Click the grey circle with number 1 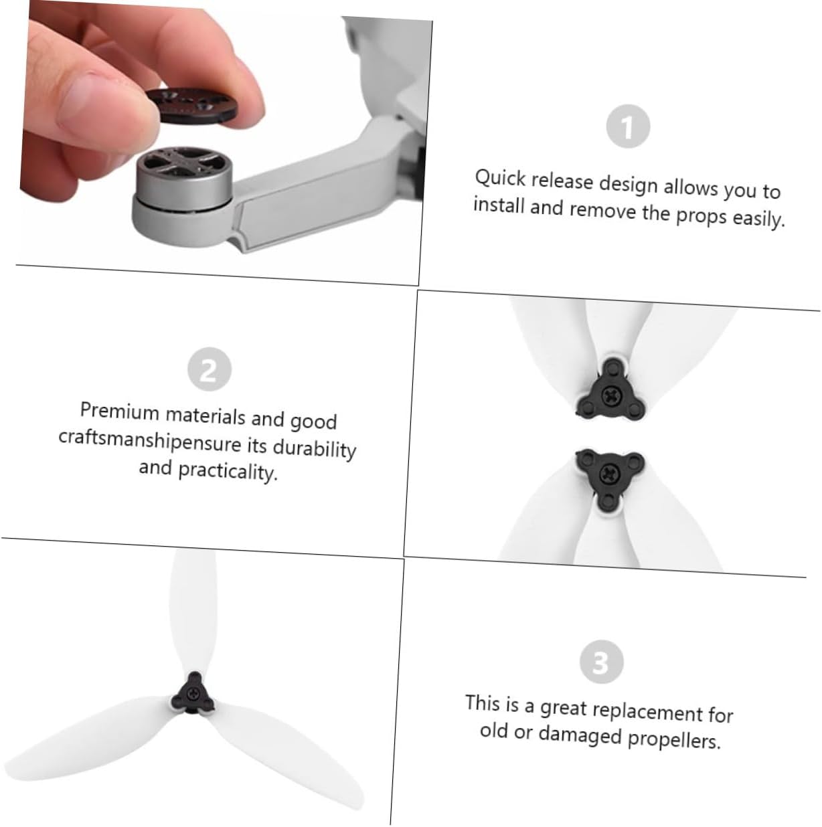click(x=627, y=126)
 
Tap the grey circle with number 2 click(x=209, y=369)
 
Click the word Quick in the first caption click(x=500, y=178)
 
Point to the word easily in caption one click(x=759, y=218)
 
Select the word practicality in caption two click(x=228, y=472)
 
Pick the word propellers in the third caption click(x=674, y=738)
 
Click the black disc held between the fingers click(x=191, y=105)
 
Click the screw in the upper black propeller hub click(x=610, y=395)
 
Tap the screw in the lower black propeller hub click(x=610, y=473)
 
